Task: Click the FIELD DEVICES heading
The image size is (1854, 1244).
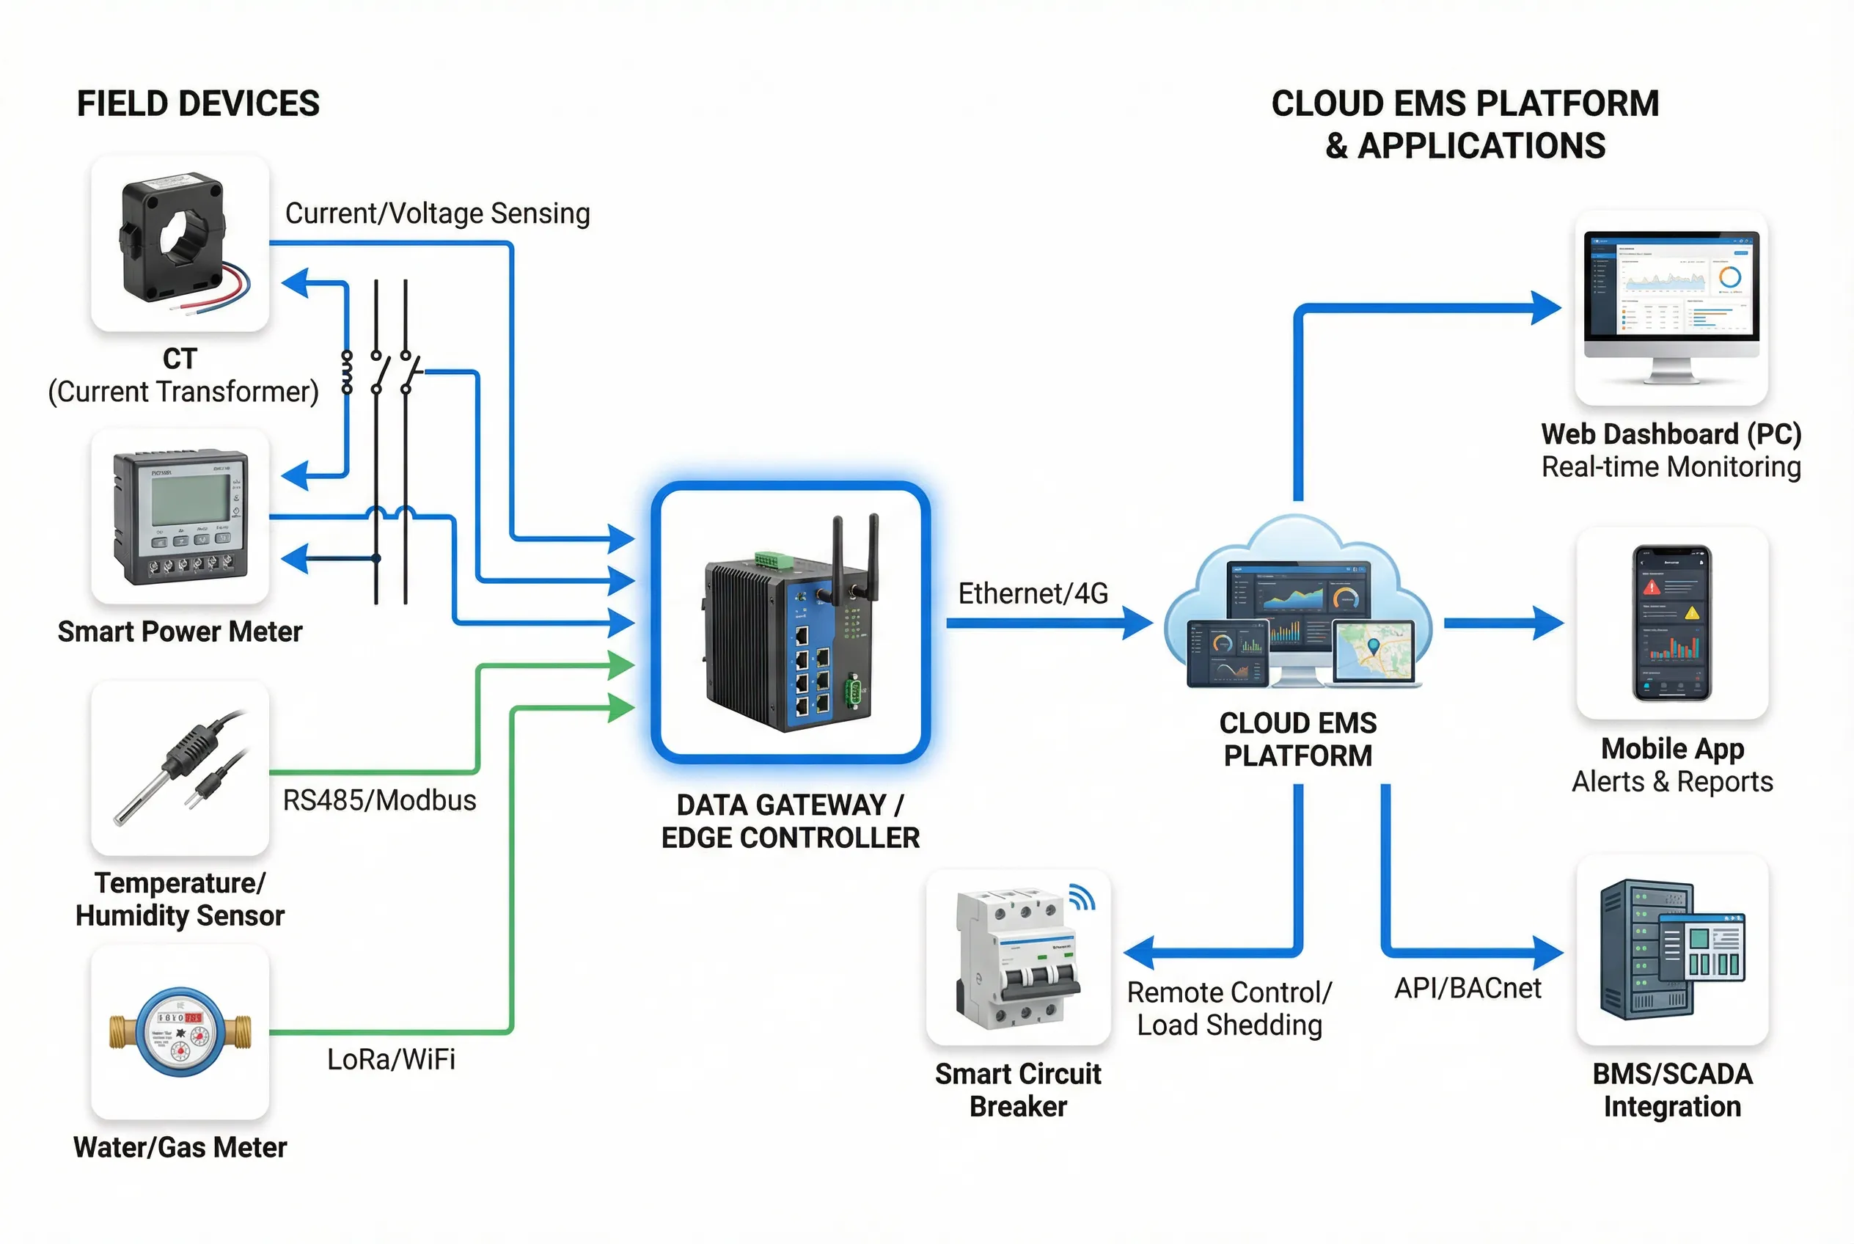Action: (x=197, y=104)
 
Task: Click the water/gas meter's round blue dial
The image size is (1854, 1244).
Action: (x=180, y=1031)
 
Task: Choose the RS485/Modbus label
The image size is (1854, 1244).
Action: (x=379, y=800)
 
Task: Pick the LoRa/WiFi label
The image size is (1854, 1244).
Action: (x=391, y=1059)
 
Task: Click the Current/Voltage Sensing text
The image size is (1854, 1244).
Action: (x=437, y=213)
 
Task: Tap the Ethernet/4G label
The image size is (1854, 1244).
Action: (x=1032, y=593)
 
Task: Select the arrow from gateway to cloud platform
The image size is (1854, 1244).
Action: (x=1047, y=623)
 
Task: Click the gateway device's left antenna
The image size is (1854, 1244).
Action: (x=837, y=555)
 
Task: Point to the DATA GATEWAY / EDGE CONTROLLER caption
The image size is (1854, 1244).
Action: (x=789, y=821)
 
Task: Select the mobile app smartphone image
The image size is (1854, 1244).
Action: (x=1671, y=623)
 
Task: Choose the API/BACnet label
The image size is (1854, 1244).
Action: (x=1467, y=988)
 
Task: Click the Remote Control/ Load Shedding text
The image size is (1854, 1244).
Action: (x=1229, y=1009)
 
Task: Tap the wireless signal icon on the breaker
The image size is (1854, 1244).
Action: (x=1081, y=896)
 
